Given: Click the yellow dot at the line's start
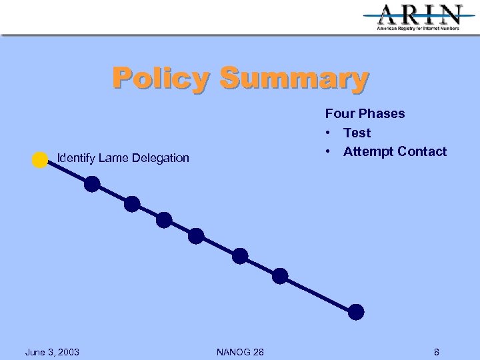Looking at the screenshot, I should [40, 160].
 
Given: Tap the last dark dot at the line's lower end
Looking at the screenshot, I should [357, 311].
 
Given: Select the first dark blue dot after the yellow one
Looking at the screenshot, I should [92, 184].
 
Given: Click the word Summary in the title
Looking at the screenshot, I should [293, 78].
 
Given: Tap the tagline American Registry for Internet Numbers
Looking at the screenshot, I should [418, 29].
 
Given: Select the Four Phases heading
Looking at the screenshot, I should [365, 113].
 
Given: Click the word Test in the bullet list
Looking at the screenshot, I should [357, 133].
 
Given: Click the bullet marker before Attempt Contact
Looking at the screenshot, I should [329, 151].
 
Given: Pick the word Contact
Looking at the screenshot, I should [422, 151].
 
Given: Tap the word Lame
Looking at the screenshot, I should [111, 158].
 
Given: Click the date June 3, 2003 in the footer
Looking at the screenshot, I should [52, 351].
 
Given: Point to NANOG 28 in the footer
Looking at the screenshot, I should [239, 351].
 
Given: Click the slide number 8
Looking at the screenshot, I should [436, 351].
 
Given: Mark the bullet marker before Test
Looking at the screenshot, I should [329, 133].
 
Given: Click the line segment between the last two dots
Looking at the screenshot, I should [319, 294].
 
